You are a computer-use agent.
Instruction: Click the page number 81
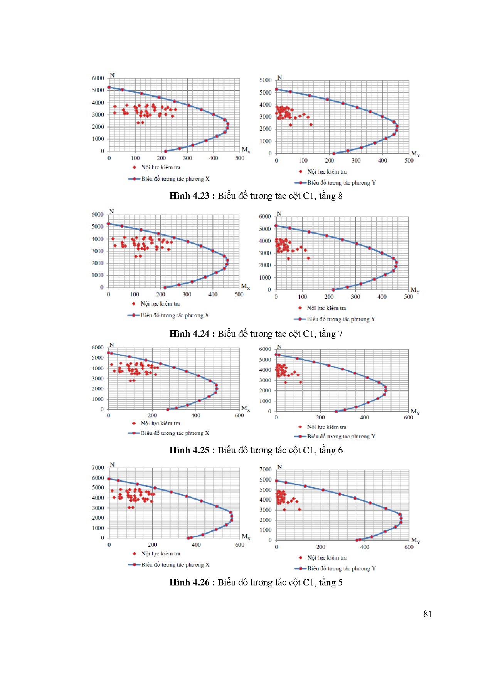tap(427, 614)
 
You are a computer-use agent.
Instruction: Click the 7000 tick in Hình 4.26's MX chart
tap(98, 467)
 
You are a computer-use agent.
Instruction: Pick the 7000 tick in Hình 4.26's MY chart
tap(265, 469)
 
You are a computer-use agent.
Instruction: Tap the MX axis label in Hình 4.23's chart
tap(246, 150)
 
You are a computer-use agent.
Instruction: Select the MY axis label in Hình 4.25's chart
tap(415, 412)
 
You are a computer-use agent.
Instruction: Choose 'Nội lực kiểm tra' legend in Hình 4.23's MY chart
tap(327, 172)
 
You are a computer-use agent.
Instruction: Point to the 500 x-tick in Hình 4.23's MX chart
tap(239, 158)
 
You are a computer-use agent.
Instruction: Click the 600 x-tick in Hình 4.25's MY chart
tap(408, 417)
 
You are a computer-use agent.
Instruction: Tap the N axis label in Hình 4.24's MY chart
tap(279, 214)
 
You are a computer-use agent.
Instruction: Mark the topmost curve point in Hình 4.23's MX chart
tap(109, 87)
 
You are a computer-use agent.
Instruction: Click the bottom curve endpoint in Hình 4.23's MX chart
tap(165, 151)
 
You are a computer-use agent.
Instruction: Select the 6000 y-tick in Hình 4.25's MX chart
tap(97, 347)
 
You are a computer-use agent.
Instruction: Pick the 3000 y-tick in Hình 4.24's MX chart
tap(97, 251)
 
